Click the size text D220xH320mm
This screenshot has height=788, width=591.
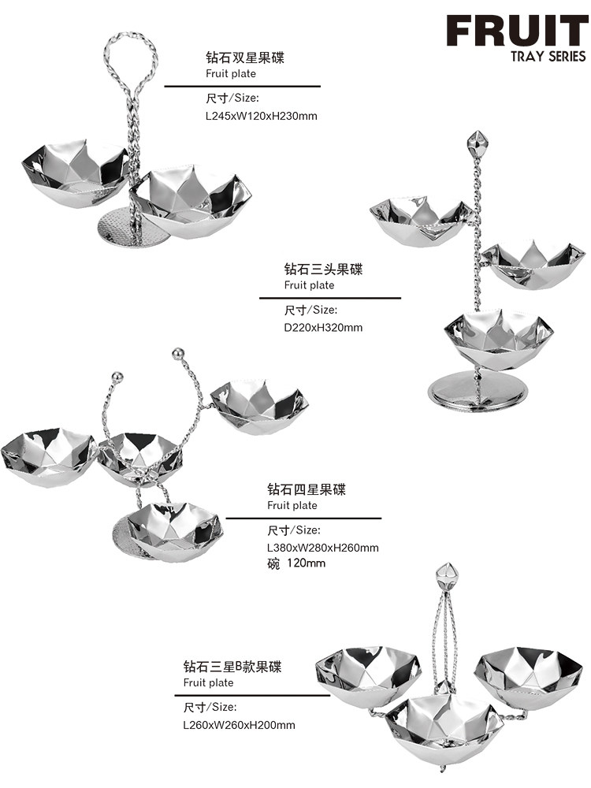[323, 327]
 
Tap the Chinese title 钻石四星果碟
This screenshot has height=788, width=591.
[307, 489]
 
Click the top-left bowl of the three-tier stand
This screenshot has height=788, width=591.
[421, 221]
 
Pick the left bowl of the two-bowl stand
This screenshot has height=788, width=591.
[74, 173]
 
